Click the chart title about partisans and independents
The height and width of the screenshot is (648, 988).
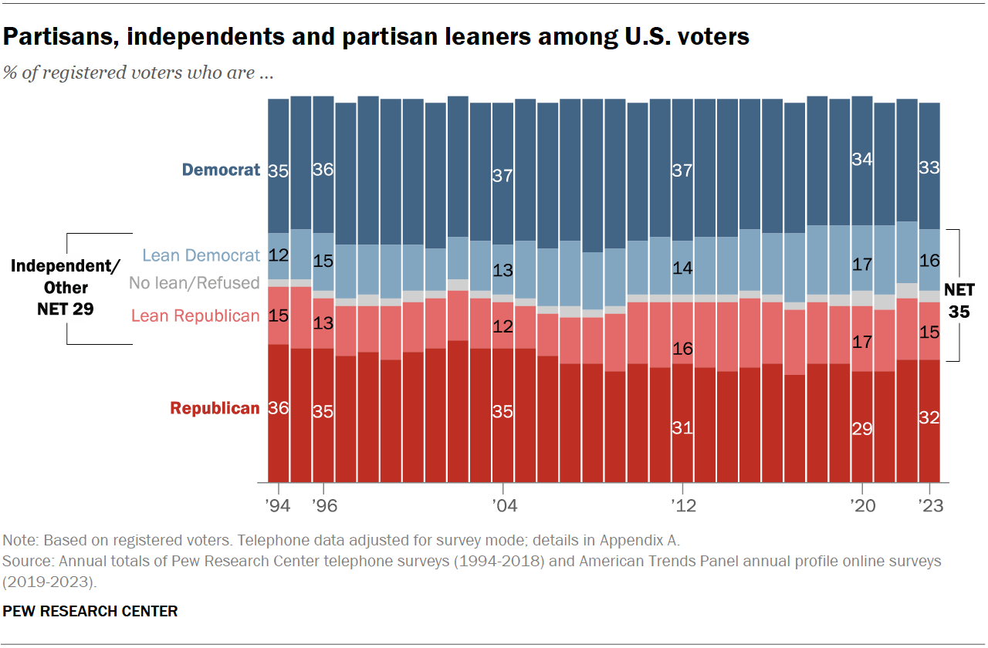[x=376, y=36]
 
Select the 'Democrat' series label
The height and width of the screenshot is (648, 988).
[x=221, y=170]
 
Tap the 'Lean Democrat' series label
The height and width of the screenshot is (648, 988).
[x=201, y=255]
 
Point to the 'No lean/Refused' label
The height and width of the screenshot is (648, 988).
[x=194, y=283]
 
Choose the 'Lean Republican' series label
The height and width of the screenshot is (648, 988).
[x=195, y=316]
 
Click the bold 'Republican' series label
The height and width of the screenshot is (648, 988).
[x=215, y=409]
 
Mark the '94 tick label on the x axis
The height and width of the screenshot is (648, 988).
[x=278, y=506]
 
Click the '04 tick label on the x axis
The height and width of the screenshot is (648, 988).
[x=502, y=506]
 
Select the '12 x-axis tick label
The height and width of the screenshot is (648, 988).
[x=682, y=506]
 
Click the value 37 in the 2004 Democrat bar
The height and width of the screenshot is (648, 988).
[x=502, y=176]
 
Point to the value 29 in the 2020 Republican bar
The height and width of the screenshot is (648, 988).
[x=861, y=428]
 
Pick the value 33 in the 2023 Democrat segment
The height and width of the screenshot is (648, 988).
[x=929, y=168]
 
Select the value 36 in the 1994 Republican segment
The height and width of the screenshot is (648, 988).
[x=278, y=408]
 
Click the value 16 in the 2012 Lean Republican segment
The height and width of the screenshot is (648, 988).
[x=682, y=349]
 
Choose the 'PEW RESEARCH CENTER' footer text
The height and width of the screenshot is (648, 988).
[x=90, y=612]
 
